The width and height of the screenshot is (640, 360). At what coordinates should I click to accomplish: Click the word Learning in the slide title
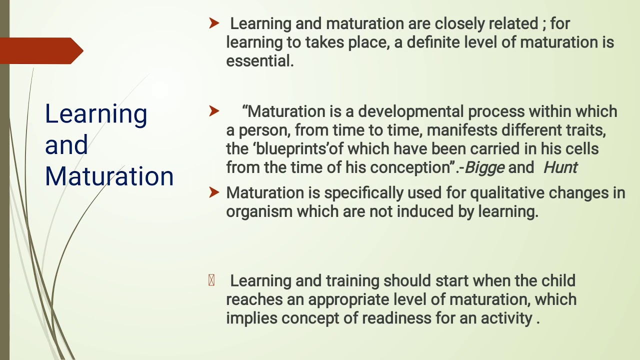click(x=95, y=114)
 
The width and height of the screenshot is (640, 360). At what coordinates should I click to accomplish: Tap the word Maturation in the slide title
click(x=109, y=176)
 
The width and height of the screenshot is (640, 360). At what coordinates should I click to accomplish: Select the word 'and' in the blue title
click(x=66, y=145)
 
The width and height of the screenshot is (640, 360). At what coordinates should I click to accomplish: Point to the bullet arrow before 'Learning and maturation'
click(x=214, y=23)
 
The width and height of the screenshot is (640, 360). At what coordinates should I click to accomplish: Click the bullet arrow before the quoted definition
click(x=214, y=111)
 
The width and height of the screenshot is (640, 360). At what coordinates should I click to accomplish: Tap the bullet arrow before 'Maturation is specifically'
click(x=214, y=192)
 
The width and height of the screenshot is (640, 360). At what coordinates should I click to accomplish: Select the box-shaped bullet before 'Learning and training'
click(x=211, y=280)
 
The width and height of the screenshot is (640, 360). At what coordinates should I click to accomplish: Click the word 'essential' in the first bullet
click(x=259, y=61)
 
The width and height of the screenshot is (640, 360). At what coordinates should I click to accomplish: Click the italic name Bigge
click(x=484, y=167)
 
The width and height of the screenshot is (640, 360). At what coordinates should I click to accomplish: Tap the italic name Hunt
click(x=560, y=167)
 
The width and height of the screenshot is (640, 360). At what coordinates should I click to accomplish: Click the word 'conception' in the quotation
click(x=405, y=167)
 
